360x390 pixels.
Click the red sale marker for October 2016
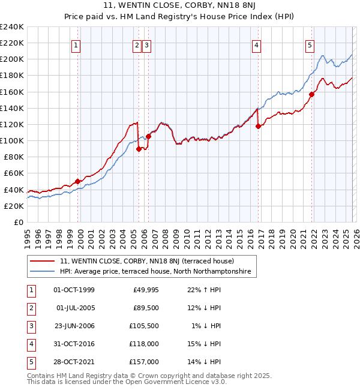(x=258, y=126)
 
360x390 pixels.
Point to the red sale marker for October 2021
(x=312, y=94)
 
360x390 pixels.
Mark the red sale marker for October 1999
(x=77, y=181)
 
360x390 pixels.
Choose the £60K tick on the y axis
(x=14, y=173)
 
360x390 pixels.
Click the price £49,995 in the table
(x=146, y=290)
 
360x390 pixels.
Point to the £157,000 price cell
(x=144, y=362)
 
